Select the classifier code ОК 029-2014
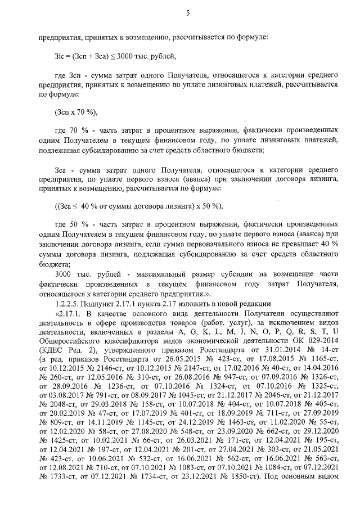click(313, 340)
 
